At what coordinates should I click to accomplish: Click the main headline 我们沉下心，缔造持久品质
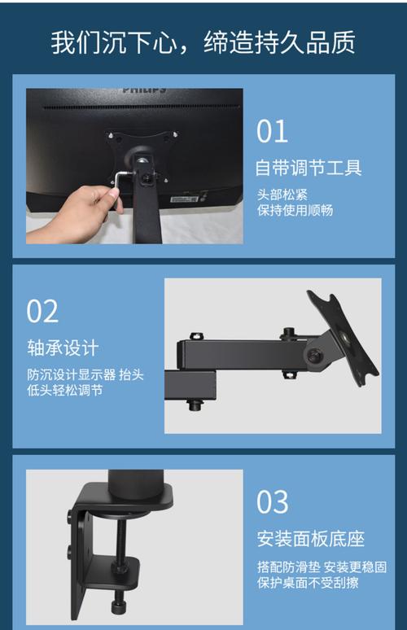tap(203, 42)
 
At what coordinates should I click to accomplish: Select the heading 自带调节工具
tap(309, 168)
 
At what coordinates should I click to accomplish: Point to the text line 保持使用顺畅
tap(295, 211)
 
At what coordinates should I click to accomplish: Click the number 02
tap(43, 311)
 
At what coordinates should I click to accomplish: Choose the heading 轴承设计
tap(63, 348)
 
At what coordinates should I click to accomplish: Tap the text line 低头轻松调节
tap(64, 391)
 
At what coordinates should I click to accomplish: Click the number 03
tap(273, 502)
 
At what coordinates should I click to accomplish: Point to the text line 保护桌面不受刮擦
tap(307, 583)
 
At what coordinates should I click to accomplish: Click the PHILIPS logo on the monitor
tap(144, 90)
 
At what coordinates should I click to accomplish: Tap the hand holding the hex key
tap(77, 212)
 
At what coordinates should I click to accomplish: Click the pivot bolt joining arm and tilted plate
tap(313, 355)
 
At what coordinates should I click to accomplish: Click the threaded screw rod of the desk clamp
tap(120, 562)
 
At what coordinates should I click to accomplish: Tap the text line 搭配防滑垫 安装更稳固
tap(321, 567)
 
